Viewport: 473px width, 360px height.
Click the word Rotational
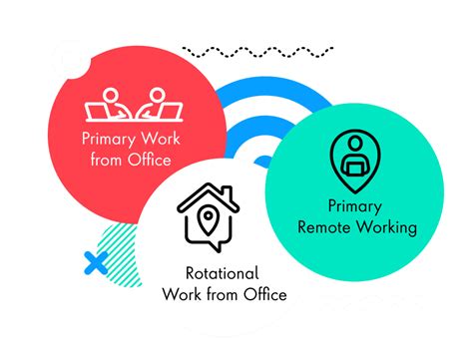point(223,273)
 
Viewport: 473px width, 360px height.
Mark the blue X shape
point(96,263)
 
